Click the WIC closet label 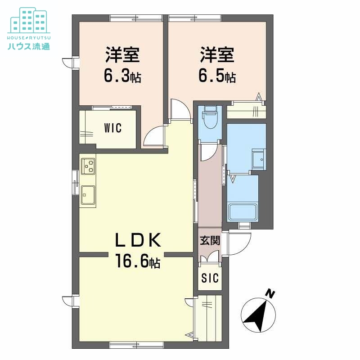pos(112,128)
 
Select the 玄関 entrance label pos(210,241)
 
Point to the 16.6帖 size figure pos(137,261)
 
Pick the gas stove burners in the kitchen pos(88,166)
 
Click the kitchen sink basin pos(88,195)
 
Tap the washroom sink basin pos(258,159)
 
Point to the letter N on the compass pos(270,294)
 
